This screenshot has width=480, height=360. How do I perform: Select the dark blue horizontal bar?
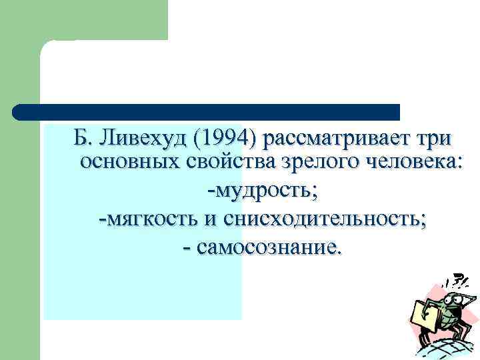[x=207, y=111]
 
